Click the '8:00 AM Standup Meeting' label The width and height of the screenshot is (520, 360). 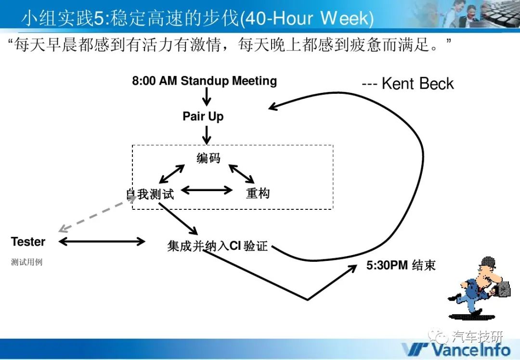204,81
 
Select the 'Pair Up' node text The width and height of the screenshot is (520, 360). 203,116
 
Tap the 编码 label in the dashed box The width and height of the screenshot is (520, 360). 208,158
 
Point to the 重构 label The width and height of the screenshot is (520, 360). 258,193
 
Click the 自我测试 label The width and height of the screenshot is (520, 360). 150,194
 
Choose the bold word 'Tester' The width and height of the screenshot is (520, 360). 28,242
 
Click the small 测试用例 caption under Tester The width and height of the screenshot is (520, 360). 26,262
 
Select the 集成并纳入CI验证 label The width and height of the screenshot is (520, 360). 217,246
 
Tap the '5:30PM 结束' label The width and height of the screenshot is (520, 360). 401,265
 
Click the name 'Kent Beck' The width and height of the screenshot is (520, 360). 417,84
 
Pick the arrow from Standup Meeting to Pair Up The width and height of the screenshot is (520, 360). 207,97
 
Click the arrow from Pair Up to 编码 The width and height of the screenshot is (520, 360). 207,135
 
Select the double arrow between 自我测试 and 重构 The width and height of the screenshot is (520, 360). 207,190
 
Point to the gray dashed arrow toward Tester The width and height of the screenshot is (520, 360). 97,214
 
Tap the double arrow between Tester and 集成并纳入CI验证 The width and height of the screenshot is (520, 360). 102,241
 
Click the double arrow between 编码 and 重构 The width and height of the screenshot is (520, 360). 241,174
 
